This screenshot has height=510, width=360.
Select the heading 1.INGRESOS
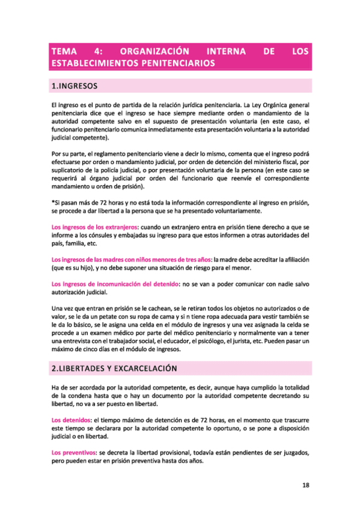(75, 86)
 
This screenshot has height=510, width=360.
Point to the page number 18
(306, 485)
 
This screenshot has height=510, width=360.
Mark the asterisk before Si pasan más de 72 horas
(53, 203)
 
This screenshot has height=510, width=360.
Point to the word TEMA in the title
(64, 52)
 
